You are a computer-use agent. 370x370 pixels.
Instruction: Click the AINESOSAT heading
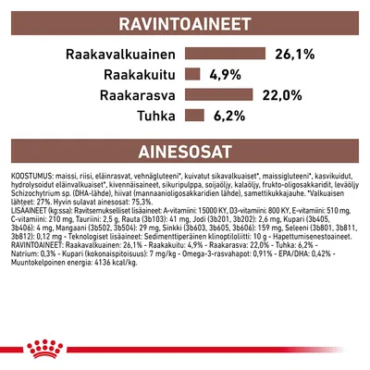184,151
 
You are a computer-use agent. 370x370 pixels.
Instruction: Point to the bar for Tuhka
194,114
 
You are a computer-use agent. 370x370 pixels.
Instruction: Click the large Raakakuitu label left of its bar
129,74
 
